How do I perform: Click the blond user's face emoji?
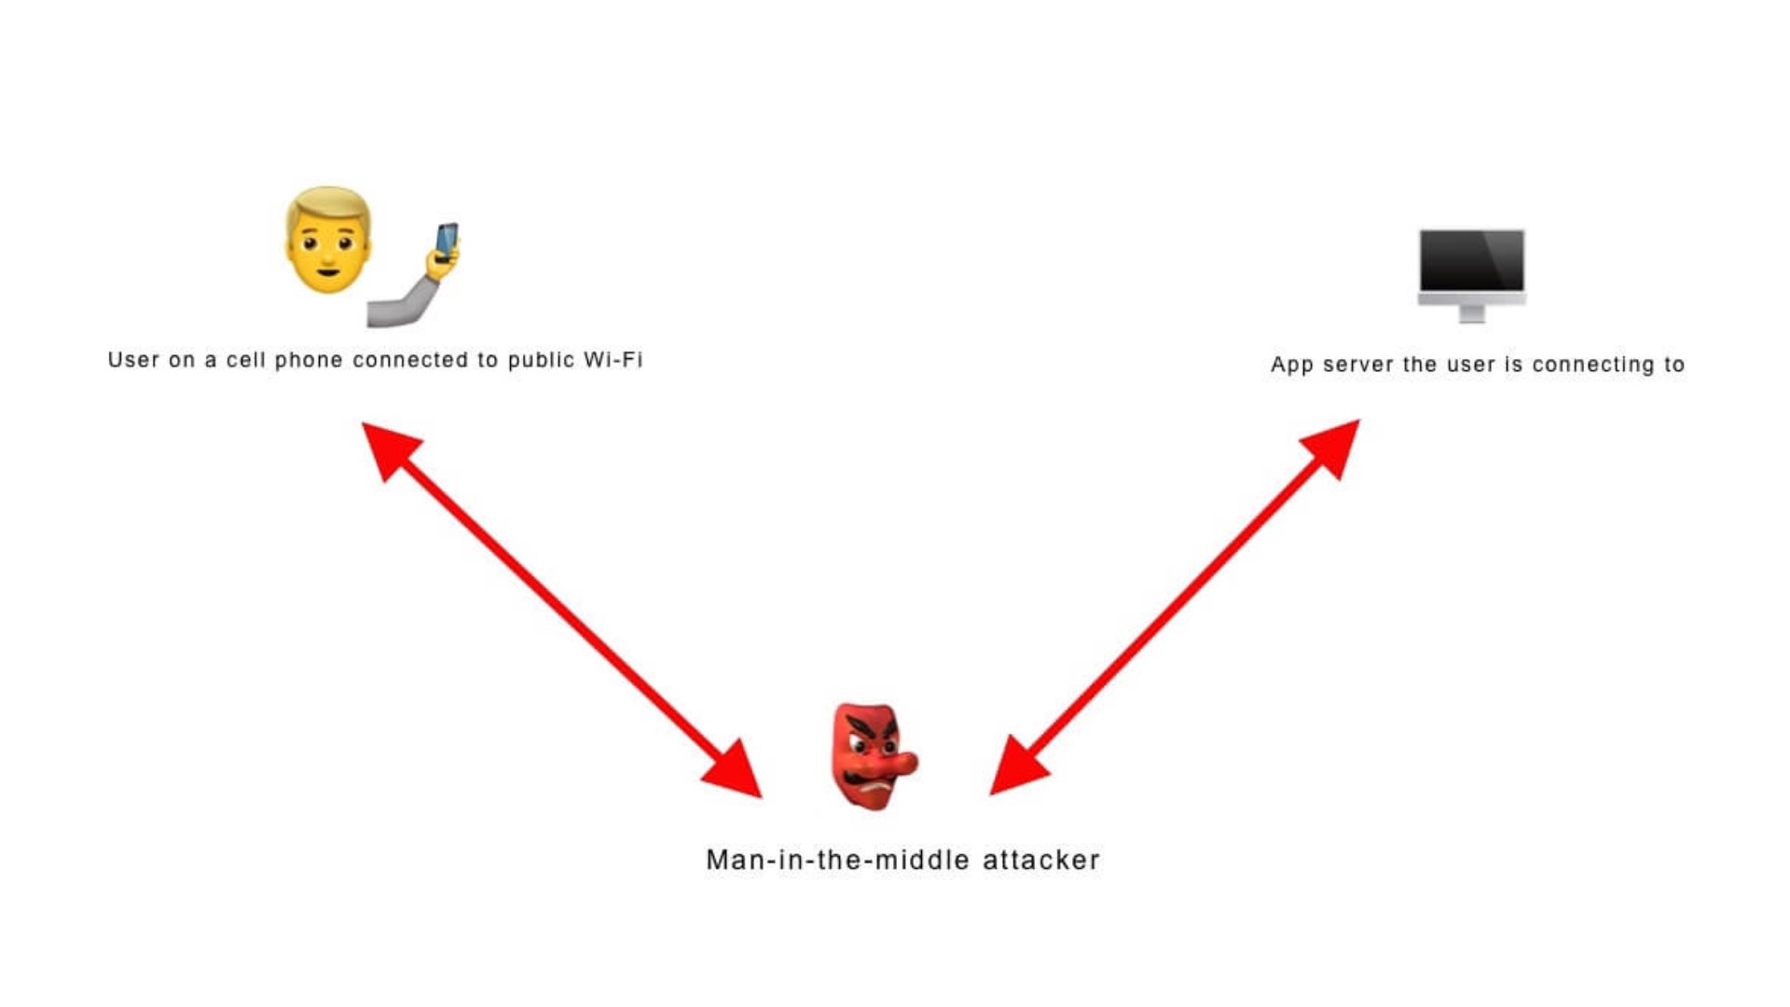coord(328,241)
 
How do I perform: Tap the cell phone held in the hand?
coord(447,241)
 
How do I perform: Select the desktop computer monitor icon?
coord(1472,275)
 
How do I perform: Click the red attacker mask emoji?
coord(874,756)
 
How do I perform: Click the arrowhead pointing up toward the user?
coord(390,449)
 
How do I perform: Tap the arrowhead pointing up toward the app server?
coord(1331,448)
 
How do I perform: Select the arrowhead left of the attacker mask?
coord(735,770)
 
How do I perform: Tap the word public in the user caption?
coord(541,361)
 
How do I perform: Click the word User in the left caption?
coord(133,360)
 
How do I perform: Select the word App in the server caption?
coord(1291,365)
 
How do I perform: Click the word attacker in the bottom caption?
coord(1041,860)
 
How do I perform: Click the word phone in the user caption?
coord(309,361)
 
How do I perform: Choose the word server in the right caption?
coord(1357,365)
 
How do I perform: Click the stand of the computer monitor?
coord(1472,312)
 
